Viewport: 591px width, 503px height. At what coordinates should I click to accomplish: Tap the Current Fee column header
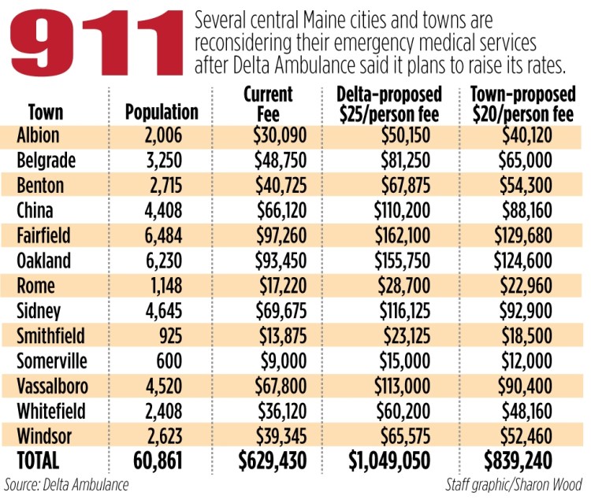pyautogui.click(x=268, y=103)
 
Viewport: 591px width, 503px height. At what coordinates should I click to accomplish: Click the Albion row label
pyautogui.click(x=37, y=136)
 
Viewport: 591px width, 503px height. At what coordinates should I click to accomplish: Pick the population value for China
pyautogui.click(x=164, y=211)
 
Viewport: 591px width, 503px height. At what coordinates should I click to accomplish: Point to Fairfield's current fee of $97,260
pyautogui.click(x=279, y=236)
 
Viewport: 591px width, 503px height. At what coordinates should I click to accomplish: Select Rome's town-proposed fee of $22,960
pyautogui.click(x=530, y=286)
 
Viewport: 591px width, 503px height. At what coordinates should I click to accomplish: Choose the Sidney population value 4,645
pyautogui.click(x=164, y=310)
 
